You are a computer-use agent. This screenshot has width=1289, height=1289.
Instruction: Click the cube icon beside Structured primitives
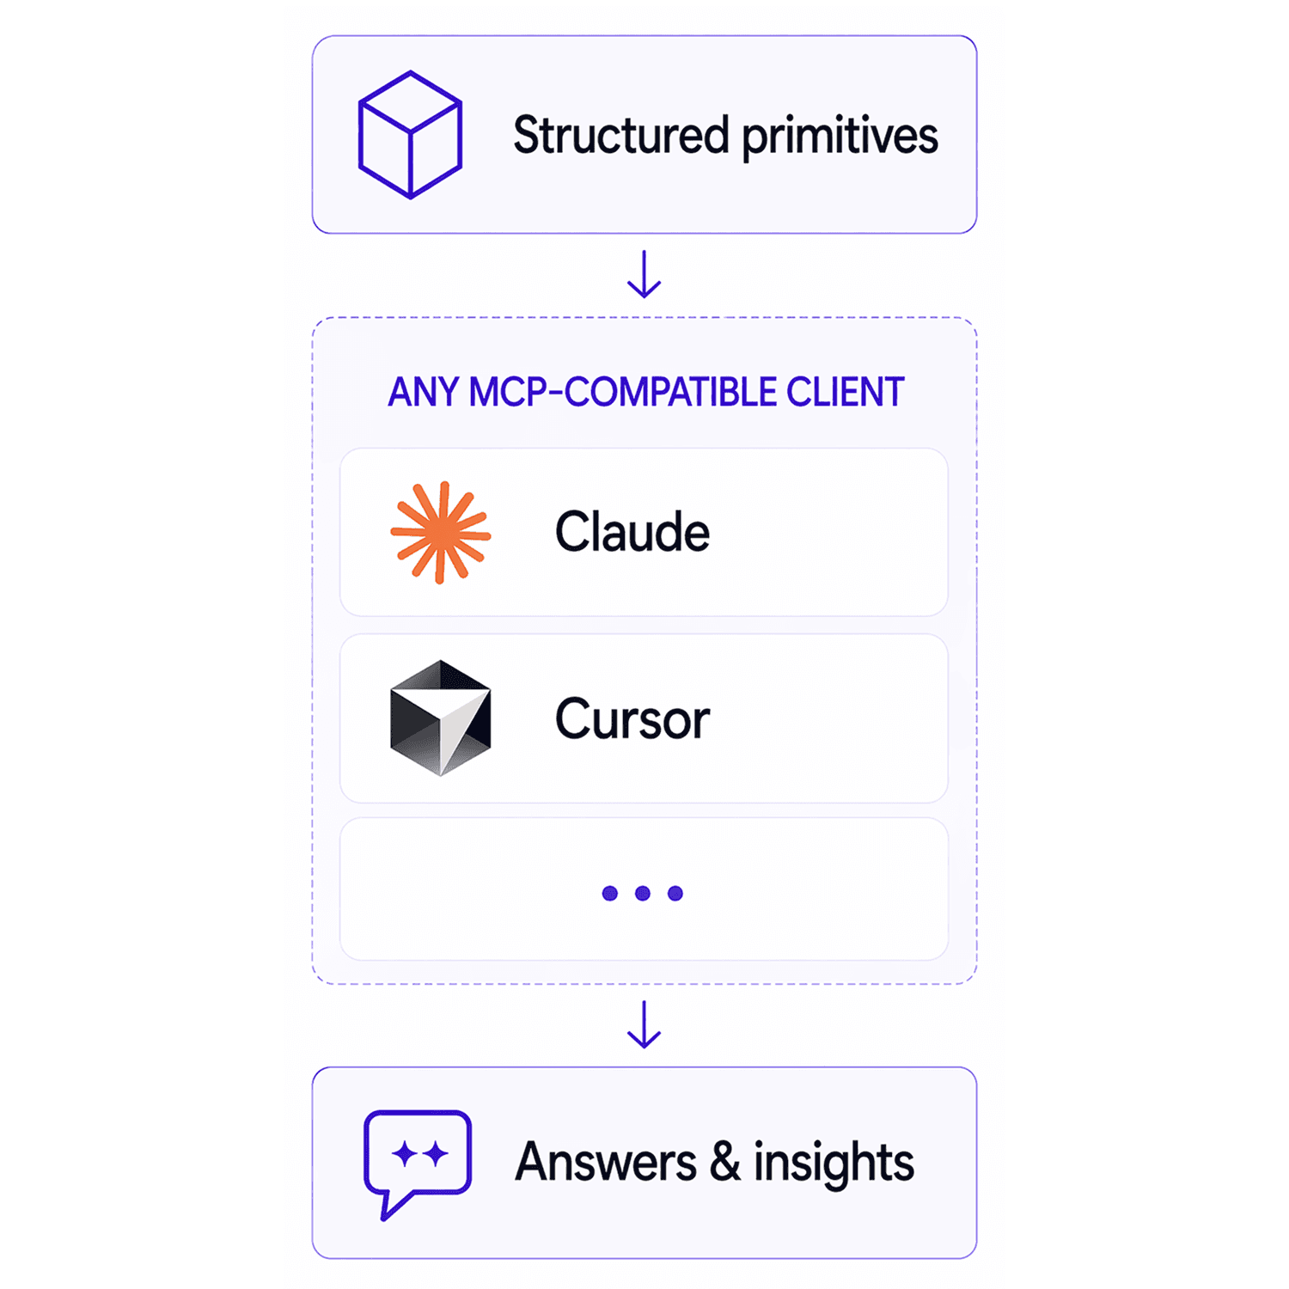[x=410, y=135]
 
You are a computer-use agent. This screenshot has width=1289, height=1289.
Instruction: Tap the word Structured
[x=621, y=135]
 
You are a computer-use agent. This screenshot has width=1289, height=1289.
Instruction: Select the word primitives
[x=840, y=137]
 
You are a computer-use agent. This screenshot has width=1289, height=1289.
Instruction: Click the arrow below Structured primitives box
[x=644, y=274]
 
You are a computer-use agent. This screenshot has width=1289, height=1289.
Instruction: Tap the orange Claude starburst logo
[x=441, y=533]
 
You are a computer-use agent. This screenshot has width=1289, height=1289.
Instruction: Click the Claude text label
[x=632, y=532]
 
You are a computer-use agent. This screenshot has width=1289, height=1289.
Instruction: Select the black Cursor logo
[x=441, y=718]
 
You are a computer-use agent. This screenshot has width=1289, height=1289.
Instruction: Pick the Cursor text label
[x=632, y=719]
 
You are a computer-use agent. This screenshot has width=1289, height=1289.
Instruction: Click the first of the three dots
[x=610, y=894]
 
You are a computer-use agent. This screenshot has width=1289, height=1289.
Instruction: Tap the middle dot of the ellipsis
[x=643, y=894]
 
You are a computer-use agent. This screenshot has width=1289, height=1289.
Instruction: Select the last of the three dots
[x=675, y=894]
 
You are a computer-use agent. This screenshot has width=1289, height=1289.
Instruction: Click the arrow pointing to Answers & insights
[x=644, y=1024]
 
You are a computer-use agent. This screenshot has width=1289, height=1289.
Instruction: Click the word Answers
[x=606, y=1163]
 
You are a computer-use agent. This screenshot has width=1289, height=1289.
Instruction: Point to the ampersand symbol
[x=725, y=1162]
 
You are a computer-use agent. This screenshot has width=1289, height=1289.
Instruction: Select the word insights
[x=834, y=1164]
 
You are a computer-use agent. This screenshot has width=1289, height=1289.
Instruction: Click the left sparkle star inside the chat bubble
[x=404, y=1153]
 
